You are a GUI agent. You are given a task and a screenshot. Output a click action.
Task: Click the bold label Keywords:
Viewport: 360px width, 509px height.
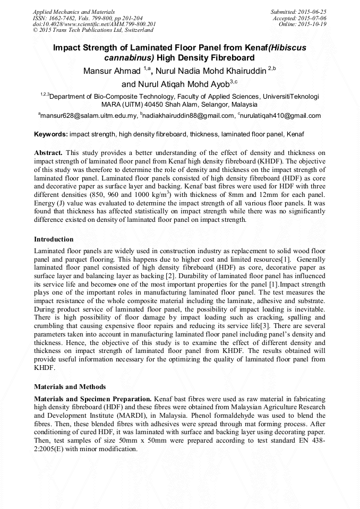point(50,135)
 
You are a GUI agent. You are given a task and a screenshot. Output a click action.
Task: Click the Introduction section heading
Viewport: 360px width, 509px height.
point(54,239)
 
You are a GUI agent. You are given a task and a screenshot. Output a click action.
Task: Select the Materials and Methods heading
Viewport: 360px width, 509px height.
point(70,386)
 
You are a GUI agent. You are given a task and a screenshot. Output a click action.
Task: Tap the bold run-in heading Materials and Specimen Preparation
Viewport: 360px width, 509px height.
point(93,399)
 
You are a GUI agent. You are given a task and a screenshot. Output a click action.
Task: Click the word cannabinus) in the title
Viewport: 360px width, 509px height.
point(127,58)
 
